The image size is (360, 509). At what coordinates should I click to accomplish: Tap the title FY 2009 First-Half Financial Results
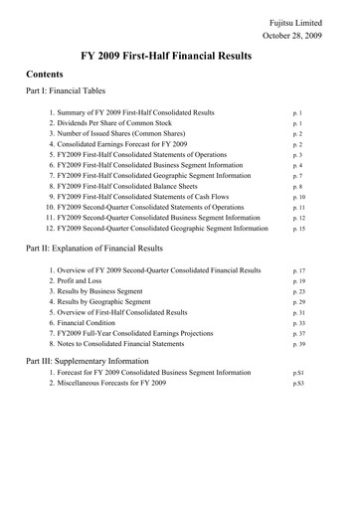180,58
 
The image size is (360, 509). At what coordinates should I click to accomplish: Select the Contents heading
48,76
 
